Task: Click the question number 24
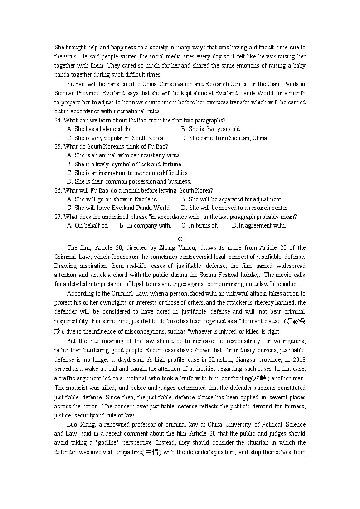(x=58, y=121)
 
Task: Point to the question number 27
(x=58, y=217)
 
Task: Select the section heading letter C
(x=180, y=239)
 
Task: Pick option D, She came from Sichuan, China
(x=224, y=138)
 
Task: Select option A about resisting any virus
(x=123, y=155)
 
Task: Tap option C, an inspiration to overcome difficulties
(x=127, y=173)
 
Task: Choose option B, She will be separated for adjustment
(x=231, y=199)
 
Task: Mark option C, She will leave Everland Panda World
(x=119, y=208)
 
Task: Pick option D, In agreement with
(x=258, y=225)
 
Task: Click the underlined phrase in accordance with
(x=88, y=111)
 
